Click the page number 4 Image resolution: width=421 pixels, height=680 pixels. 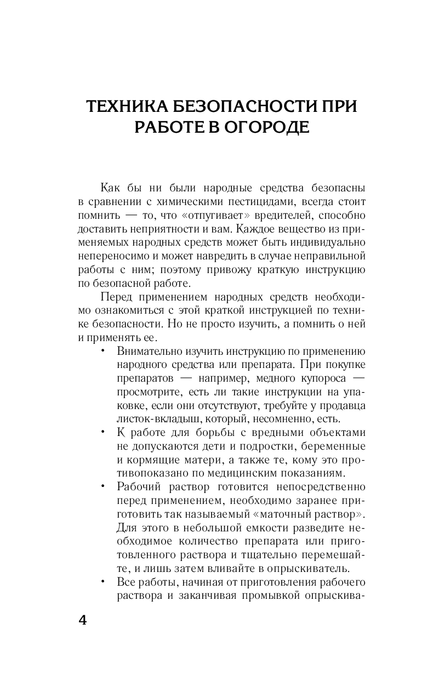click(x=82, y=621)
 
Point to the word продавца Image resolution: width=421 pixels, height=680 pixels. click(x=343, y=406)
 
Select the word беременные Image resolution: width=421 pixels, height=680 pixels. click(x=335, y=446)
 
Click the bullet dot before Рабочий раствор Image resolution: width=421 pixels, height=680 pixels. click(x=103, y=486)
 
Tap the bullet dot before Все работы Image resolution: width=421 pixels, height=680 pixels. click(x=103, y=581)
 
